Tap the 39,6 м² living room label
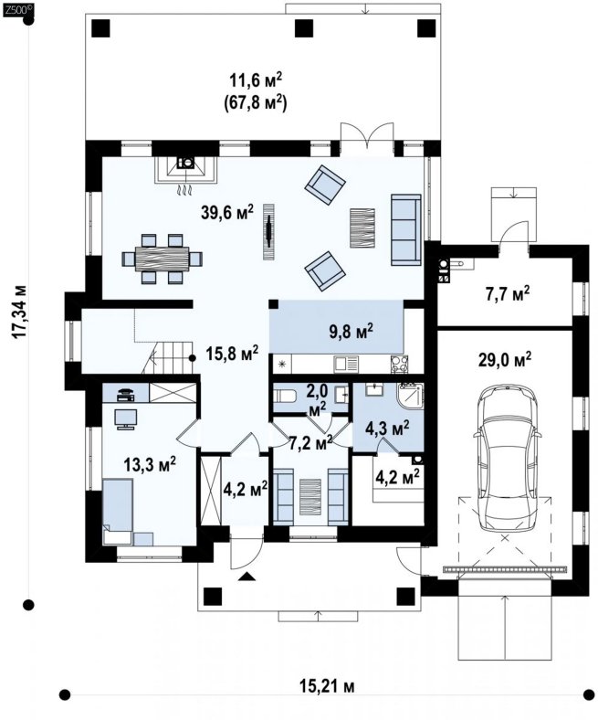coord(227,213)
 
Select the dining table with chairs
coord(162,259)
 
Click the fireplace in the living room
coord(186,170)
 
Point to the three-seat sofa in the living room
coord(405,229)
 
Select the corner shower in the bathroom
coord(411,396)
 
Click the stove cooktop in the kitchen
coord(399,365)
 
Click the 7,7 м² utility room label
coord(508,294)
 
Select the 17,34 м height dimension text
coord(20,312)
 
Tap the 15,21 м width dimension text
coord(327,686)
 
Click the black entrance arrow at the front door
coord(247,577)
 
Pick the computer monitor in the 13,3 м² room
coord(126,418)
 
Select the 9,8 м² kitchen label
coord(351,331)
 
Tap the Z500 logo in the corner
coord(17,12)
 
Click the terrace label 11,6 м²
coord(255,79)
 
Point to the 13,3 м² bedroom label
coord(150,464)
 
